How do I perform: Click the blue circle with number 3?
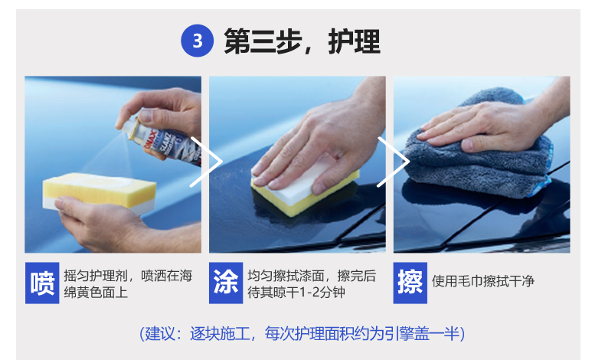point(197,41)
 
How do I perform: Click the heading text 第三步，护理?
point(302,41)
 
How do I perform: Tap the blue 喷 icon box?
point(42,283)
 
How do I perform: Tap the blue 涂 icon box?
point(226,283)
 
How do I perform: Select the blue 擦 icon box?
point(410,283)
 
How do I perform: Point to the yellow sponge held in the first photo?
point(100,191)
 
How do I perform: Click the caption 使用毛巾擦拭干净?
point(483,281)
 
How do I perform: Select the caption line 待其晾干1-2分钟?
point(296,293)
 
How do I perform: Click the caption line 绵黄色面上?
point(96,293)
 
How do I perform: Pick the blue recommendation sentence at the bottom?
point(302,334)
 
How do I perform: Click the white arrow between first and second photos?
point(207,162)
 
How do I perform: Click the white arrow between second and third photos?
point(394,162)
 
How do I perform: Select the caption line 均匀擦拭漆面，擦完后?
point(312,276)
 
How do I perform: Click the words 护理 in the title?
point(355,41)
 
